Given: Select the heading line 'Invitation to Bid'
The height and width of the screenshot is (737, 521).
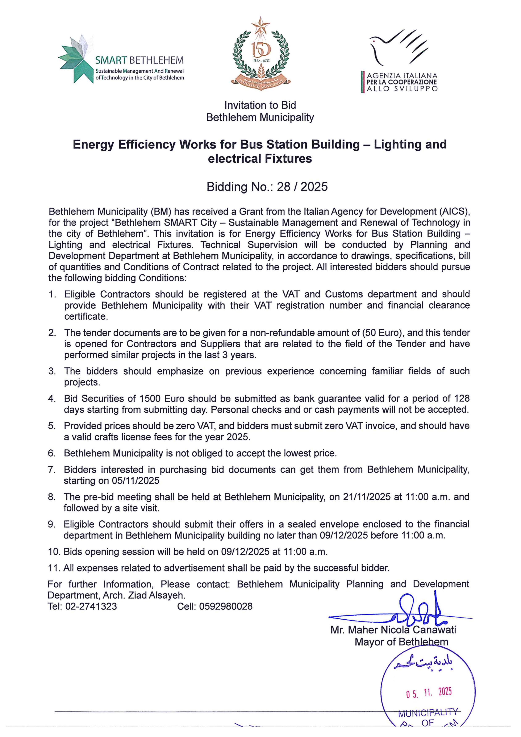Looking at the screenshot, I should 260,105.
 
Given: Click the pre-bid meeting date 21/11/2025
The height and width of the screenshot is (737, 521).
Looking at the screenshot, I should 367,497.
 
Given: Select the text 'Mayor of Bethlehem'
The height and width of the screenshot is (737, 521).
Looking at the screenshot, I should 401,642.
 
